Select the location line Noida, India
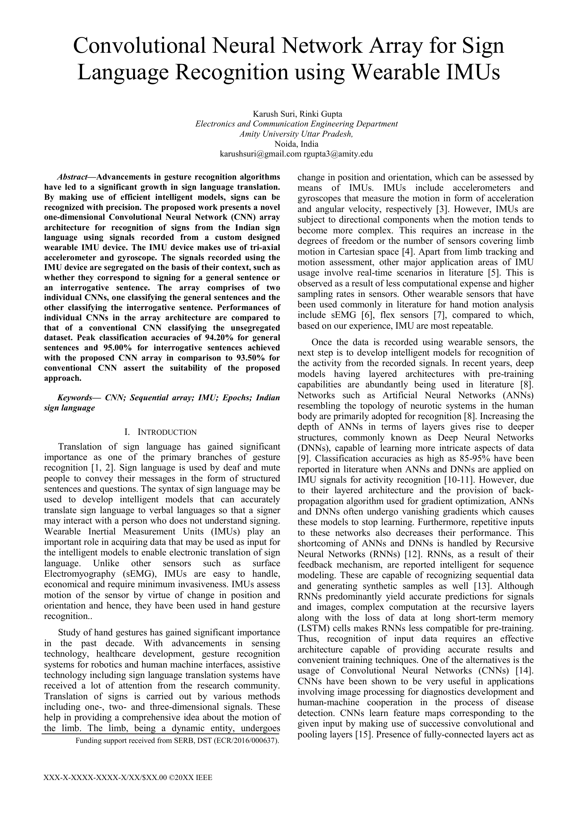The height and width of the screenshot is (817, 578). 296,144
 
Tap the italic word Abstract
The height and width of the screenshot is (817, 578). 72,177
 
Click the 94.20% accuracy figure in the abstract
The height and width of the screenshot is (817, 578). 223,337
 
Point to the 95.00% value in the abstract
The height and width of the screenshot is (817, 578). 118,348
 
